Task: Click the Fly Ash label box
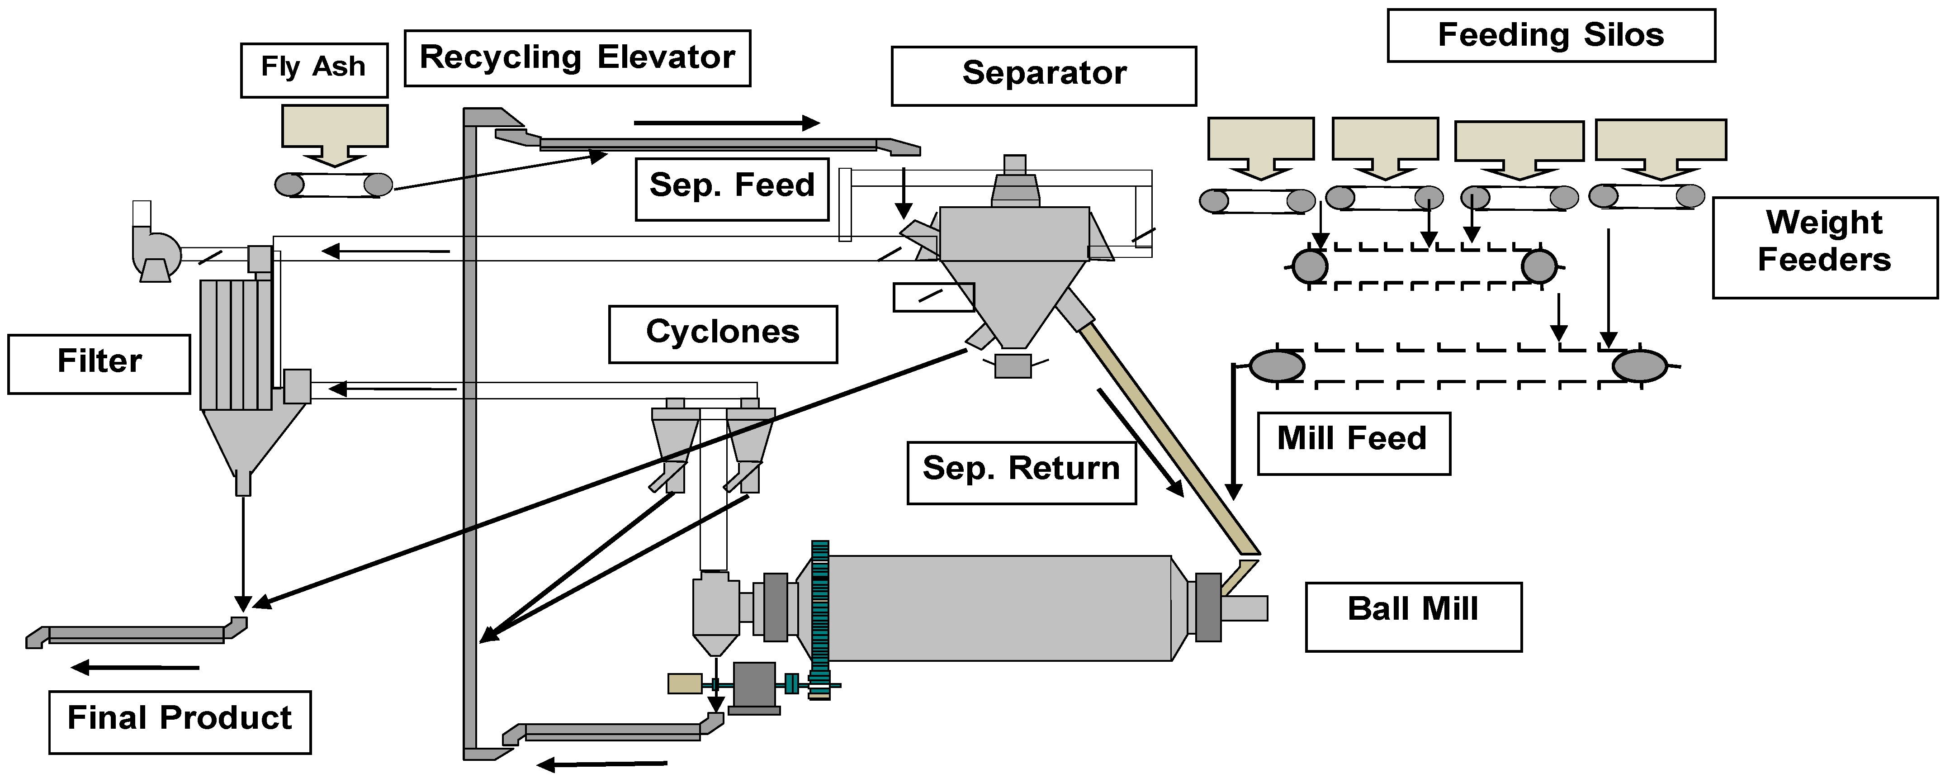313,70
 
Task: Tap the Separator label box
1043,75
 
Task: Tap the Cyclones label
722,334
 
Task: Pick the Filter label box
99,364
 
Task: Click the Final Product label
180,721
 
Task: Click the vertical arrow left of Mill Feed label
1234,432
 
